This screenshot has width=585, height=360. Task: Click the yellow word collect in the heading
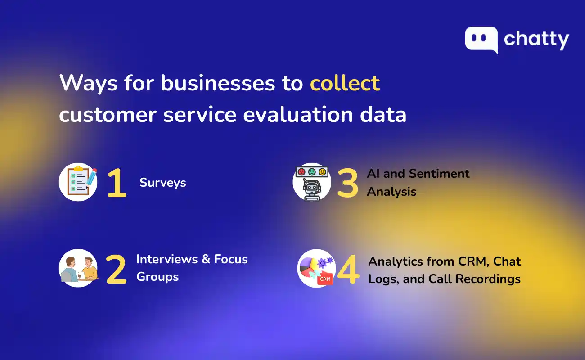click(x=345, y=84)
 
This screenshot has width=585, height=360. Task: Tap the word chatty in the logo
click(x=536, y=40)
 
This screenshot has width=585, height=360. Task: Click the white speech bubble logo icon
click(x=481, y=40)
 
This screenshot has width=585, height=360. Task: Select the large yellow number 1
click(x=117, y=184)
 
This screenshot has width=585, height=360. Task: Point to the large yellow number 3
click(x=347, y=183)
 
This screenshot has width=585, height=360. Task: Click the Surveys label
click(x=162, y=183)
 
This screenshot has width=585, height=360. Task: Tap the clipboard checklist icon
click(x=78, y=182)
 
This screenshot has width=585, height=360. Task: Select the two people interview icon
click(x=78, y=268)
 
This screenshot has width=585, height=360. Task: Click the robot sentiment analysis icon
click(x=312, y=182)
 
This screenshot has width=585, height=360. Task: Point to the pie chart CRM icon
click(x=316, y=268)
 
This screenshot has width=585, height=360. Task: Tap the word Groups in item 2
click(x=157, y=277)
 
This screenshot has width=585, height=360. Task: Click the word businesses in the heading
click(x=216, y=84)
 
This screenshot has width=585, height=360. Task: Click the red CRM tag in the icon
click(x=324, y=279)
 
